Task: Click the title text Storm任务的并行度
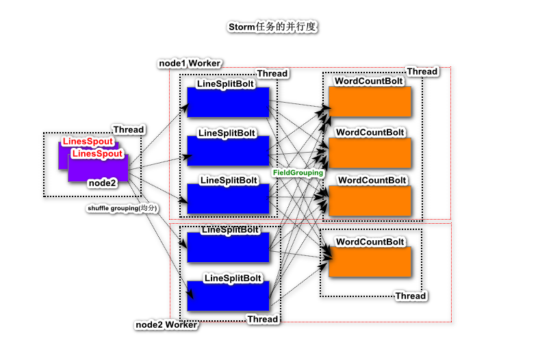pos(272,27)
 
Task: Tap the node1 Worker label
pos(190,64)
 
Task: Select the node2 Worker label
pos(166,324)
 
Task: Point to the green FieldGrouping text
pos(298,172)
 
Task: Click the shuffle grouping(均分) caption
pos(122,208)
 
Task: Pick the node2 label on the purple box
pos(102,183)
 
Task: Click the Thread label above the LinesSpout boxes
pos(128,130)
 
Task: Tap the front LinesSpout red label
pos(97,153)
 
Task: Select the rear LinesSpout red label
pos(88,142)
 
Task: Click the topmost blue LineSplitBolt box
pos(228,102)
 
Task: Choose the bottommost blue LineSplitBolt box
pos(228,296)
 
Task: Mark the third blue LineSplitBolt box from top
pos(228,198)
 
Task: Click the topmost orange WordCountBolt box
pos(370,101)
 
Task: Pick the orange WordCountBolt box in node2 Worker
pos(370,261)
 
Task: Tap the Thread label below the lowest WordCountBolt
pos(411,296)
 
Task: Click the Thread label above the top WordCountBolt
pos(422,71)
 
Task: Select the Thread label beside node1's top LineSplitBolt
pos(272,73)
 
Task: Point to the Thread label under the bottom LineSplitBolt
pos(263,319)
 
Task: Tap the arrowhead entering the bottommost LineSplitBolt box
pos(190,294)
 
